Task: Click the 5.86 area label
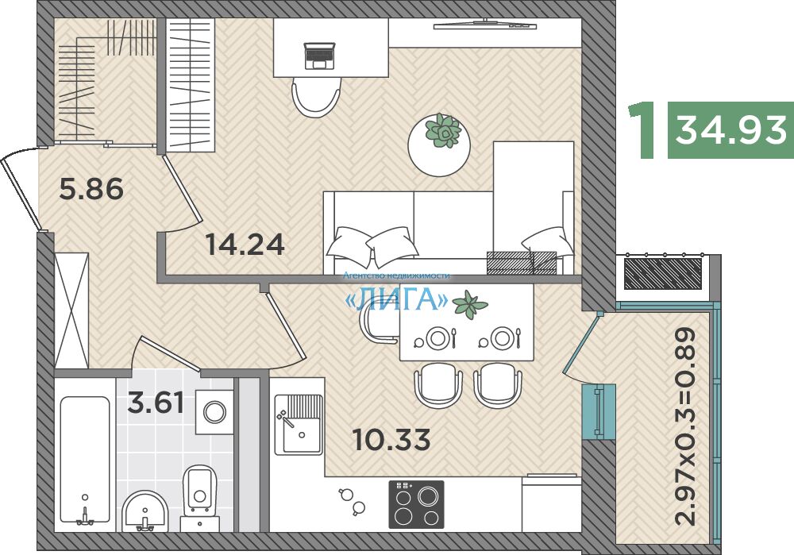91,190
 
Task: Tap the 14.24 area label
245,244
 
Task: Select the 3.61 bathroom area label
156,403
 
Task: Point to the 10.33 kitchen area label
391,439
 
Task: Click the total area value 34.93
730,129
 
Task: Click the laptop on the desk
319,56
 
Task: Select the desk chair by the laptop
315,97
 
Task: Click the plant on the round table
443,130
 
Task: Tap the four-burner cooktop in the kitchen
416,504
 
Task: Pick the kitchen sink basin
301,434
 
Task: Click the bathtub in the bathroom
85,460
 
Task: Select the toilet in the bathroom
200,496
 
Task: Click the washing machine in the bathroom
214,412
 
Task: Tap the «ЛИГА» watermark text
396,299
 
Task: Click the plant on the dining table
470,305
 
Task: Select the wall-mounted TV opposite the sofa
485,25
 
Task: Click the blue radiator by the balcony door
599,411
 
